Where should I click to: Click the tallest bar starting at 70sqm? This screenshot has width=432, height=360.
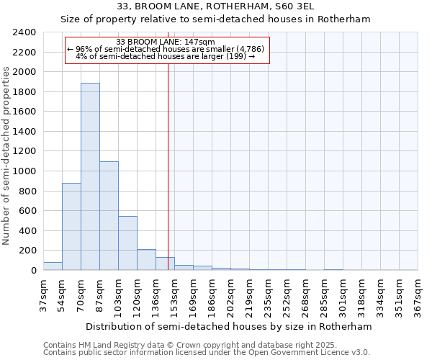pyautogui.click(x=90, y=176)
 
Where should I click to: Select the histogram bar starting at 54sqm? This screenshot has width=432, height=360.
pyautogui.click(x=71, y=227)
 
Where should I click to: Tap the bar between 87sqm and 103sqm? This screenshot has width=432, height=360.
pyautogui.click(x=109, y=216)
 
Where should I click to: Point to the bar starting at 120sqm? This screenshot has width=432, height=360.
pyautogui.click(x=146, y=260)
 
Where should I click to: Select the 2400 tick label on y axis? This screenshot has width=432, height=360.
pyautogui.click(x=24, y=32)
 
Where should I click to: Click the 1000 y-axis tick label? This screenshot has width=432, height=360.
pyautogui.click(x=24, y=171)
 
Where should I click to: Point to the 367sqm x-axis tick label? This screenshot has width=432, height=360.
pyautogui.click(x=418, y=296)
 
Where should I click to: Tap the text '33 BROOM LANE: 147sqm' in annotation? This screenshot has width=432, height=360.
pyautogui.click(x=166, y=42)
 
